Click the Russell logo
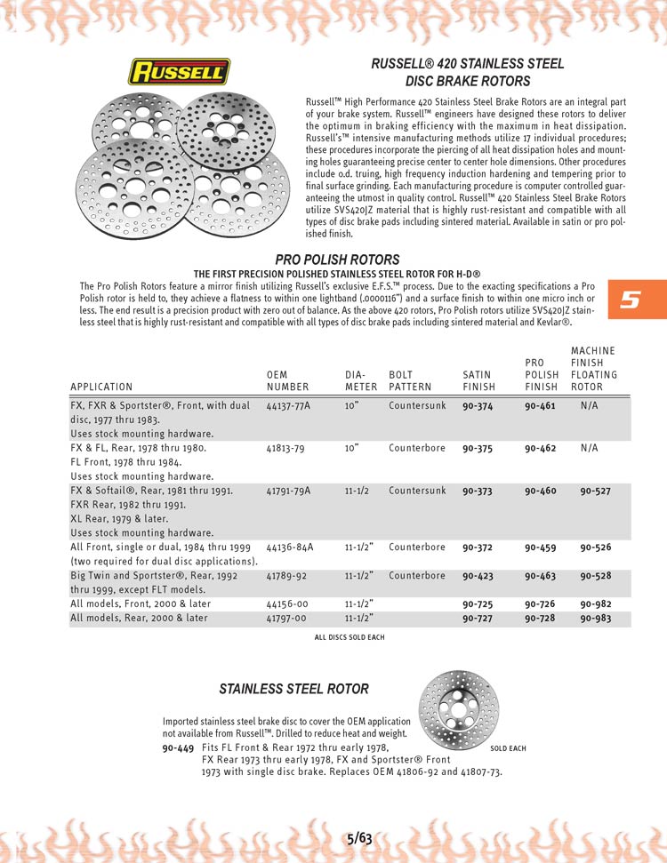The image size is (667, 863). click(181, 71)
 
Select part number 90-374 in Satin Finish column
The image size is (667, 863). click(479, 406)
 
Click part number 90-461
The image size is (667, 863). click(540, 406)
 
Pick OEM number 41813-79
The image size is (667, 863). click(285, 448)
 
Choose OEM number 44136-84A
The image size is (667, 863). click(290, 547)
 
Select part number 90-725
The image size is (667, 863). click(479, 604)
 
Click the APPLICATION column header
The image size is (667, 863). click(101, 388)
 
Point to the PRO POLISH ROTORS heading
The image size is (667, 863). click(337, 259)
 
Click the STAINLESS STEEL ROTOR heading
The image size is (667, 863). click(293, 689)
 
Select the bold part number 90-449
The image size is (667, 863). click(178, 748)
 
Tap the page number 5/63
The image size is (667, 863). click(359, 837)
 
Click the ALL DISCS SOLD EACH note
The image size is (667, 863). click(350, 637)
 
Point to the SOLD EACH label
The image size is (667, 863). click(508, 748)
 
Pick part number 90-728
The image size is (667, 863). click(540, 619)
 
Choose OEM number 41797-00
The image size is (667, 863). click(286, 619)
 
